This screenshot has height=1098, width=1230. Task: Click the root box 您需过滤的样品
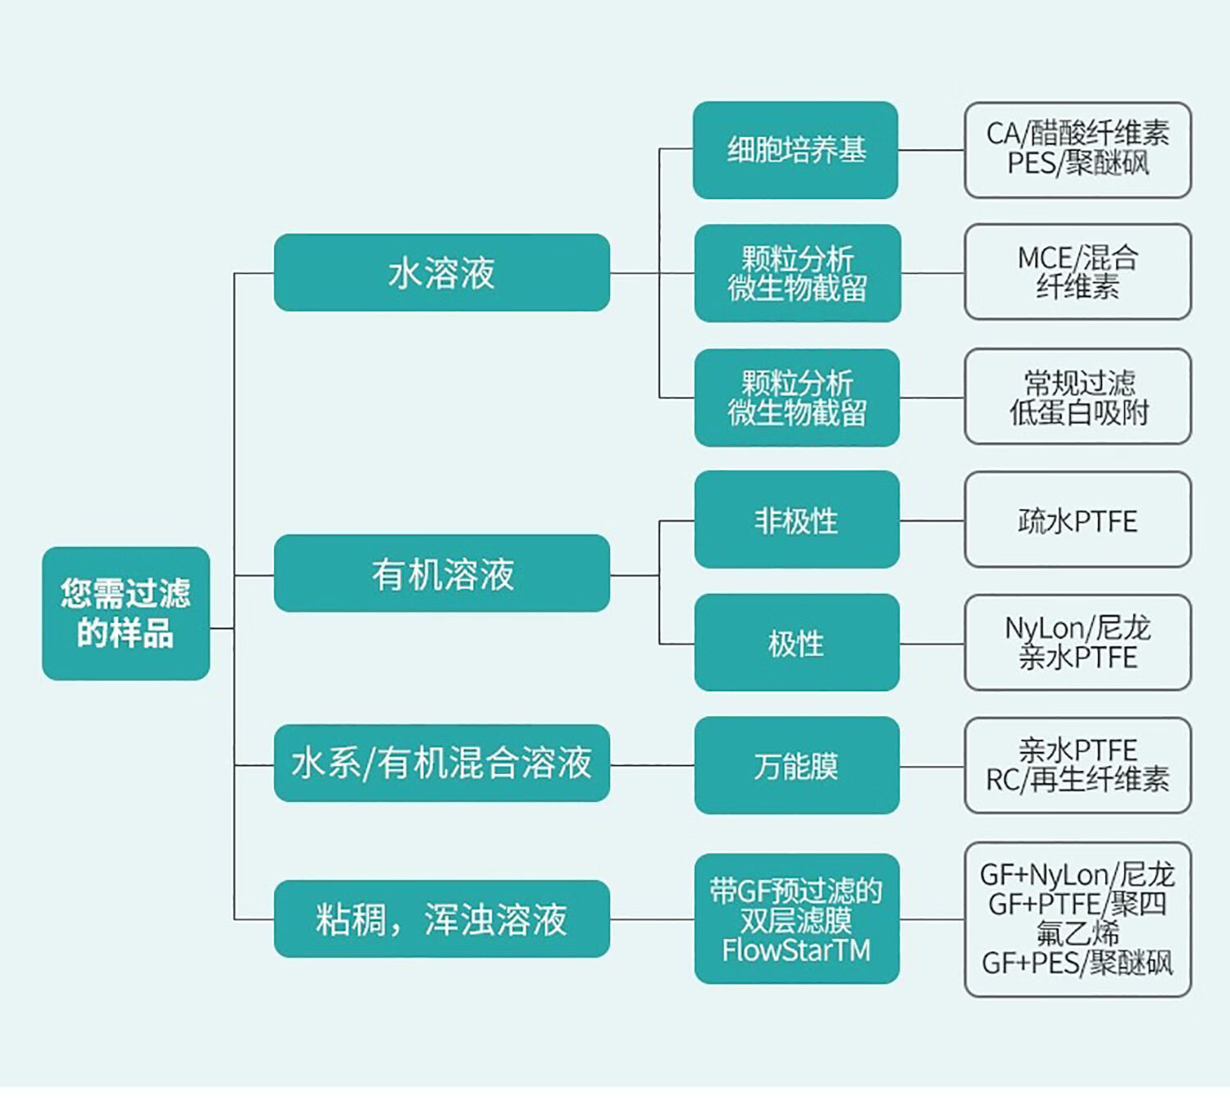[x=125, y=613]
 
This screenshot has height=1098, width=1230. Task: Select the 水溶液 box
[x=441, y=273]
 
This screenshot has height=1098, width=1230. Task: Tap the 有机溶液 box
[x=441, y=574]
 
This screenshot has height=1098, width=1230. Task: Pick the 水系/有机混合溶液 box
[x=441, y=763]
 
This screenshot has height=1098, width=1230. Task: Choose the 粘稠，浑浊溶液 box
[x=441, y=919]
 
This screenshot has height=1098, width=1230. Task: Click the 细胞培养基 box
[x=795, y=150]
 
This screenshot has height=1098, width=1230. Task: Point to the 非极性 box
[x=796, y=520]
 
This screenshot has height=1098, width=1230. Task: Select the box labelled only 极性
[x=796, y=643]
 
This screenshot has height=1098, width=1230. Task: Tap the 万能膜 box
[x=796, y=766]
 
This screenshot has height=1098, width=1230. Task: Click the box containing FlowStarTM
[x=796, y=919]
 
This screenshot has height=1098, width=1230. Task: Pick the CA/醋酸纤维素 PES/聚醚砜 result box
[x=1077, y=150]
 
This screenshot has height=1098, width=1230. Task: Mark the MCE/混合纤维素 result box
[x=1077, y=272]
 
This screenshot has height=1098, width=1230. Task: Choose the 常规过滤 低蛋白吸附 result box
[x=1077, y=397]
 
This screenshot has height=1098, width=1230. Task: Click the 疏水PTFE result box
[x=1077, y=520]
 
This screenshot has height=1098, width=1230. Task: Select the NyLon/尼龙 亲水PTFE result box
[x=1077, y=643]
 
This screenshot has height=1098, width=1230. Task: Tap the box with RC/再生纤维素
[x=1077, y=766]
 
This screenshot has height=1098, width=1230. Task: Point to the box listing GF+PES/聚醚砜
[x=1077, y=919]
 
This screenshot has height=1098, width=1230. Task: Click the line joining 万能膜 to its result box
[x=932, y=767]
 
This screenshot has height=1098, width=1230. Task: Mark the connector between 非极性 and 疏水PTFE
[x=932, y=521]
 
